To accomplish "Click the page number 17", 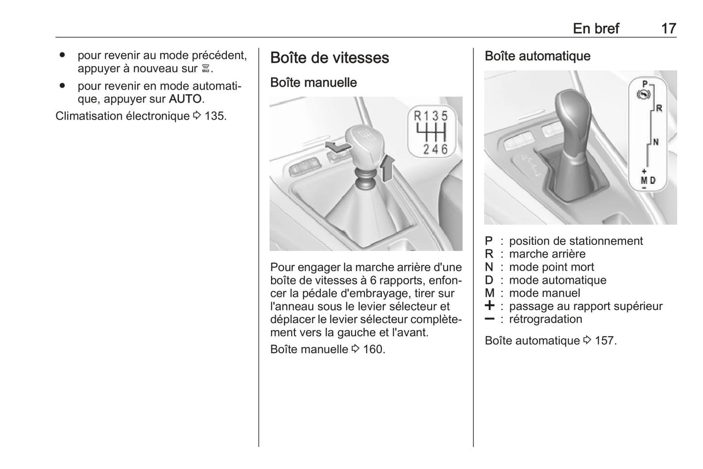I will (x=668, y=28).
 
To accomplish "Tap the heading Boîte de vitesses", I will (x=329, y=58).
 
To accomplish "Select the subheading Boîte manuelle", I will (x=313, y=83).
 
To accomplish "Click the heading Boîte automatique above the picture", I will (x=537, y=56).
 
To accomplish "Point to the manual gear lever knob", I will (x=365, y=145).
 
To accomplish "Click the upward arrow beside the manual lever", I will (x=387, y=168).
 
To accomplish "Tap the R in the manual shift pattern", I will (x=417, y=116).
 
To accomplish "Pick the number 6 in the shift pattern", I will (x=444, y=149).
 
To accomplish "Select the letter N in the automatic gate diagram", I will (x=656, y=142).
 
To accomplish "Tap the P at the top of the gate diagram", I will (x=645, y=84).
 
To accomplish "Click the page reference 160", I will (x=373, y=349).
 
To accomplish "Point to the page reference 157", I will (x=605, y=341).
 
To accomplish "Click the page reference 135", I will (x=215, y=116).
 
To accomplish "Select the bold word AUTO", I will (x=185, y=99).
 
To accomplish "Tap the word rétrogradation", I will (x=545, y=319).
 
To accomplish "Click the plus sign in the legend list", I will (x=489, y=306).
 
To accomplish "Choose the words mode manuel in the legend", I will (x=544, y=293).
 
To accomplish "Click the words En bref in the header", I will (x=595, y=28).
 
